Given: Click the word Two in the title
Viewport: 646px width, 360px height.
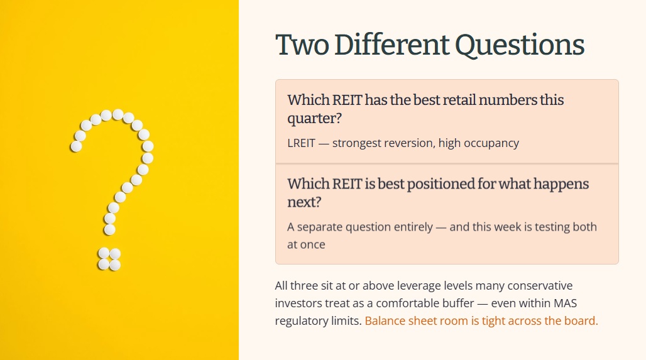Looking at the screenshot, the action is pos(302,45).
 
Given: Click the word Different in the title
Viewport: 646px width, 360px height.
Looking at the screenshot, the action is pos(391,45).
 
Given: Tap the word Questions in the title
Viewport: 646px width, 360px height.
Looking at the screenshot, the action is pos(520,45).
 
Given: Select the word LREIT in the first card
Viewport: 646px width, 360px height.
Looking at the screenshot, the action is pos(301,143).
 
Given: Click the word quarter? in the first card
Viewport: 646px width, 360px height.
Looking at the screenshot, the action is pos(314,119).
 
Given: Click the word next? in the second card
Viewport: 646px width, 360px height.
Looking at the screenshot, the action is pos(304,202).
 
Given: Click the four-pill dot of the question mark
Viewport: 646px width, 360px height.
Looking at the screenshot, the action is pos(109,259).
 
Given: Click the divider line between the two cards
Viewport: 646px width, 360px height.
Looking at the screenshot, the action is pos(447,163).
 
